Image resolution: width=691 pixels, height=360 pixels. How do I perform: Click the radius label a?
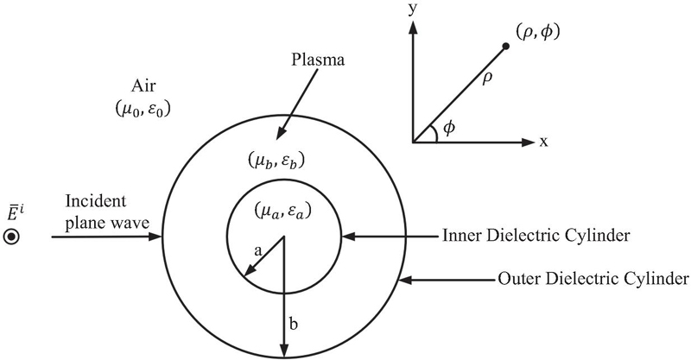[x=257, y=248]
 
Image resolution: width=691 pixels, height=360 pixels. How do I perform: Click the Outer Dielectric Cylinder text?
[x=593, y=279]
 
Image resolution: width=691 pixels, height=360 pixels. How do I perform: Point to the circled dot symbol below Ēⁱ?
[x=12, y=237]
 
